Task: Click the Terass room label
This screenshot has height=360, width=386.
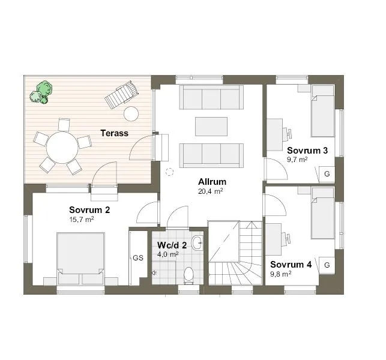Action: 114,133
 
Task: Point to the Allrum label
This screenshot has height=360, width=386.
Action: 211,182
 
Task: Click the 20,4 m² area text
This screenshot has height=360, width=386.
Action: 211,191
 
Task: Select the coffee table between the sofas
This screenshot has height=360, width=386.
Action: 211,127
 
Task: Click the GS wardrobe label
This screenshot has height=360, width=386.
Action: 138,258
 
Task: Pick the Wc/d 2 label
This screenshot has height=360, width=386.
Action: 172,245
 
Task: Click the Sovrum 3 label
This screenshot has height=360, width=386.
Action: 307,151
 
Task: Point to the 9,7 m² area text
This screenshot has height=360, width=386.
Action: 297,160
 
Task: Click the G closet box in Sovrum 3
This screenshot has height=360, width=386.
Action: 327,174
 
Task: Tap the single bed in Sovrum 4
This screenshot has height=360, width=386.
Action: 322,218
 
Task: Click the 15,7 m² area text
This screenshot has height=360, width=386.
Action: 82,220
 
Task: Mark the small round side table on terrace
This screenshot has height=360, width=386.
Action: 130,113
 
